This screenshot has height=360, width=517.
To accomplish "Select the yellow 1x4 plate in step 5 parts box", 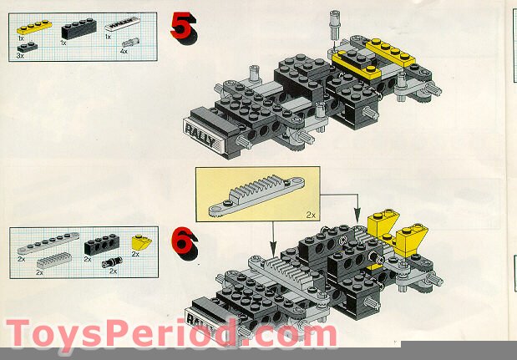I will (33, 28).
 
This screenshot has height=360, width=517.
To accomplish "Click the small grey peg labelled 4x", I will (129, 42).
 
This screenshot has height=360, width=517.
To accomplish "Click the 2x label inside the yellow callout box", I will (310, 215).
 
